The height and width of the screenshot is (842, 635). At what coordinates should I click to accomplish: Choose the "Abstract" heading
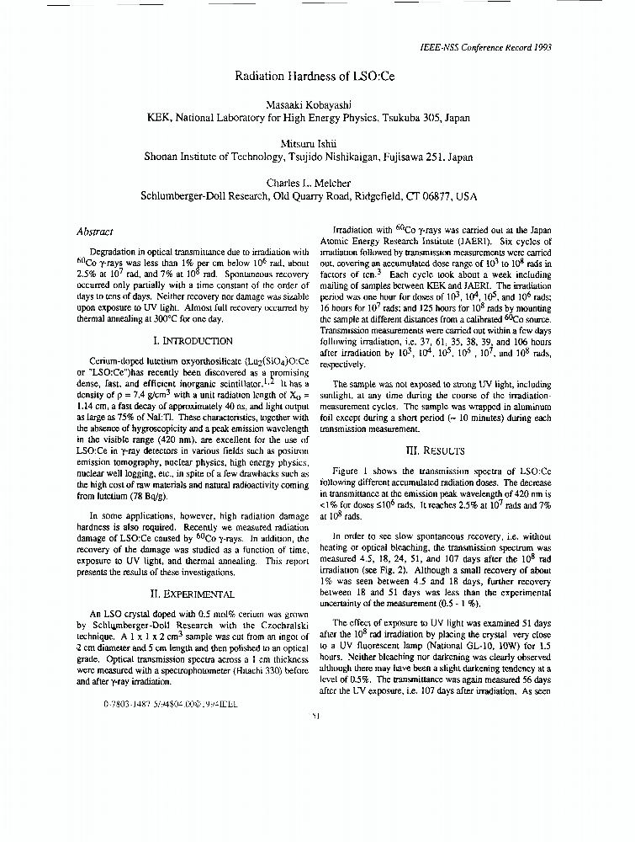pos(95,231)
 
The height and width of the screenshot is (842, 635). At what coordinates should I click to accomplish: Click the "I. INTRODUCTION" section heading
pos(193,341)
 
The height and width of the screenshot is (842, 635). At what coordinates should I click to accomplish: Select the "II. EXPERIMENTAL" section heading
pos(193,594)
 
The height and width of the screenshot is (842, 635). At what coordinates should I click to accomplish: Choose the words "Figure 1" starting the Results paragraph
pos(352,472)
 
